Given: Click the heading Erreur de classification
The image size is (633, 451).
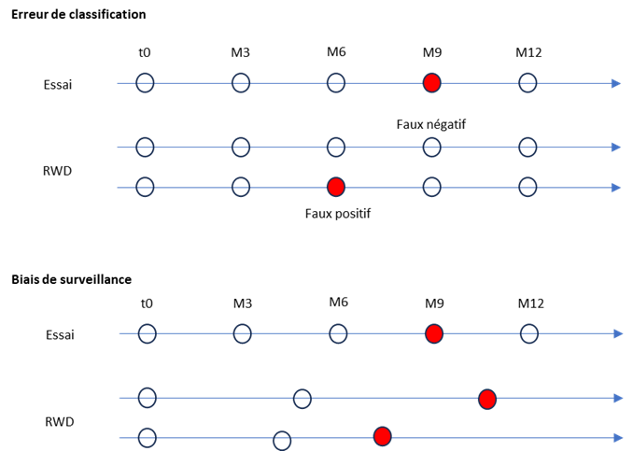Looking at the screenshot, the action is (x=78, y=15).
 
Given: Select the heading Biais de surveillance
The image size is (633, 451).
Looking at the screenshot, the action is (x=72, y=279).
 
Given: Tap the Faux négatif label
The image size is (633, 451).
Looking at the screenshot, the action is (x=431, y=124).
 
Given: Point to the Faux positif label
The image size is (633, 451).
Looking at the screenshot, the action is (x=338, y=213).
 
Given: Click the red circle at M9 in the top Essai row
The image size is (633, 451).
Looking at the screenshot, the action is (x=432, y=83).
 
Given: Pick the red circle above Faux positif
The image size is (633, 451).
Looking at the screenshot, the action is (x=336, y=188).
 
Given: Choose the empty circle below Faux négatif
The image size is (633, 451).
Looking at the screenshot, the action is (x=432, y=148).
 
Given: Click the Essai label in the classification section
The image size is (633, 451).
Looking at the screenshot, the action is (x=58, y=85).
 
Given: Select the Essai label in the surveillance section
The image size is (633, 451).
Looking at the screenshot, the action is (x=60, y=335).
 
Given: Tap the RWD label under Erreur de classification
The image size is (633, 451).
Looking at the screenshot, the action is (x=57, y=171).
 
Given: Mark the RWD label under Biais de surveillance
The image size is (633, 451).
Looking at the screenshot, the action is (x=60, y=422).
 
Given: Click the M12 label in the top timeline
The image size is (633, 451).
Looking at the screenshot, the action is (x=528, y=52).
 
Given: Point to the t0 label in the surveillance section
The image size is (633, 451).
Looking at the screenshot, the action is (x=147, y=303).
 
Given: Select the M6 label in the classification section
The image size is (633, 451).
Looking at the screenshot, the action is (x=336, y=51).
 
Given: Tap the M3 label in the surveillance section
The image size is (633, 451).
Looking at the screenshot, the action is (x=243, y=303).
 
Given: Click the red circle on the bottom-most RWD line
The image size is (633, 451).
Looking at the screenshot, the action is (x=382, y=436).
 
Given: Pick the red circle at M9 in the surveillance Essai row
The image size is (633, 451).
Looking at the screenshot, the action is (x=434, y=334).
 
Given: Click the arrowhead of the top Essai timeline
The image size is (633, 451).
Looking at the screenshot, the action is (x=616, y=84).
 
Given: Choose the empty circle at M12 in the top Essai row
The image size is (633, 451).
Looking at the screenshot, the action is (x=527, y=83).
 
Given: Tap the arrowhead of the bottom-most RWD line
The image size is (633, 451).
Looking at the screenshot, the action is (x=618, y=438).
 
